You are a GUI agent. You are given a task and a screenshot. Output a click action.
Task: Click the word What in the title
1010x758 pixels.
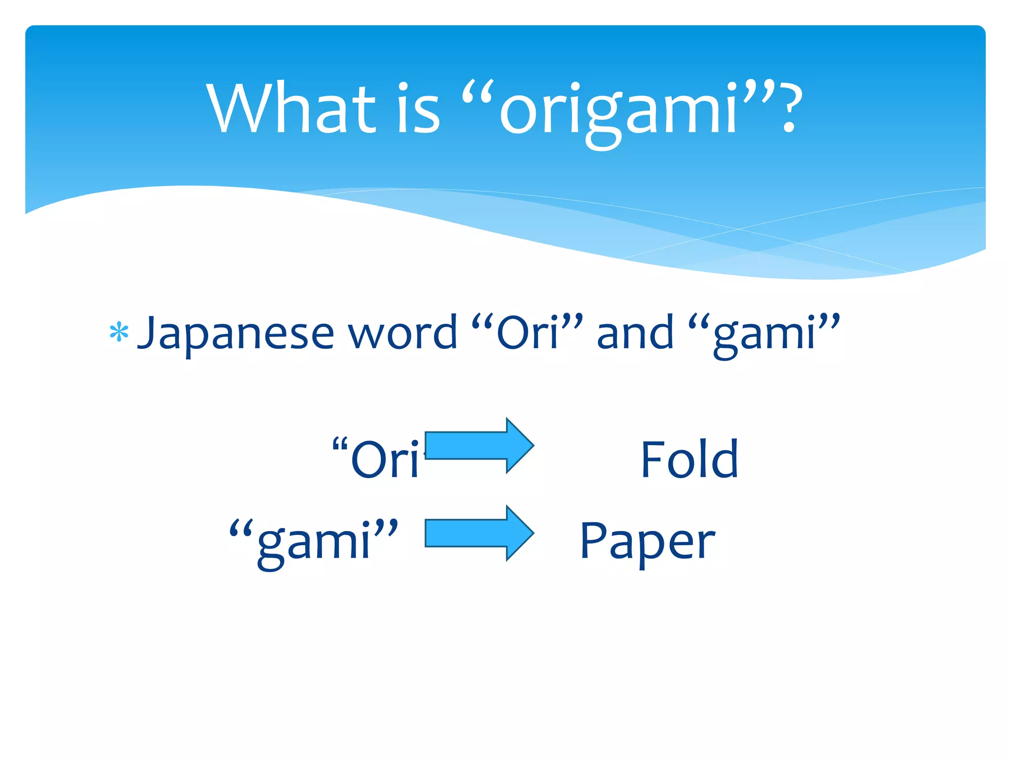(x=291, y=109)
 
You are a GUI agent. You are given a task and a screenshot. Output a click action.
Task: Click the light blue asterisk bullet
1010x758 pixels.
(x=119, y=333)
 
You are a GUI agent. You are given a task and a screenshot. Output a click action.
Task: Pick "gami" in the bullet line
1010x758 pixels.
(x=764, y=334)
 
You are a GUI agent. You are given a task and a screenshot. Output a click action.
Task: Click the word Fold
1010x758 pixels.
(x=689, y=459)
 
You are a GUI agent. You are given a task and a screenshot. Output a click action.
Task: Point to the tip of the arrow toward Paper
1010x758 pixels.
(x=533, y=533)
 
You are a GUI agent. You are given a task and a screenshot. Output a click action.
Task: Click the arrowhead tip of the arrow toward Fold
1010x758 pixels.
(x=533, y=445)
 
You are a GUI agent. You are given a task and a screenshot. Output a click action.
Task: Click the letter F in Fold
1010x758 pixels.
(x=651, y=459)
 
